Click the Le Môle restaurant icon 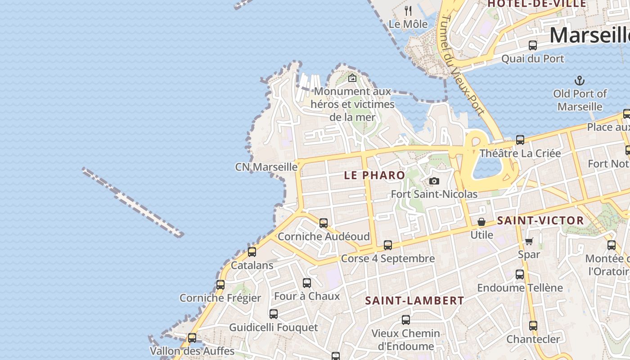[x=408, y=11]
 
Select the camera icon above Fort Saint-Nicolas [x=434, y=181]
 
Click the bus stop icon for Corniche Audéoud [x=323, y=223]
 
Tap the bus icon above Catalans [x=252, y=252]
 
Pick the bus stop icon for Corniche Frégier [x=220, y=284]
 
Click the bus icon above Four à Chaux [x=306, y=283]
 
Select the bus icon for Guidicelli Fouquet [x=273, y=314]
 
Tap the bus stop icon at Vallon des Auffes [x=192, y=337]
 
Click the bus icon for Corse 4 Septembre [x=387, y=245]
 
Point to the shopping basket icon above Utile [x=481, y=222]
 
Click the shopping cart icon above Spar [x=529, y=241]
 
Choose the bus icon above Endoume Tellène [x=520, y=274]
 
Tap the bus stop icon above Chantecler [x=533, y=325]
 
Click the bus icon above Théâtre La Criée [x=520, y=140]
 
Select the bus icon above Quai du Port [x=533, y=45]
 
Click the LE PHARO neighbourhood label [x=374, y=175]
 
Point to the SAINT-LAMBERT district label [x=414, y=301]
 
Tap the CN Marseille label [x=266, y=167]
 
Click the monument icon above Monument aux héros [x=352, y=78]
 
